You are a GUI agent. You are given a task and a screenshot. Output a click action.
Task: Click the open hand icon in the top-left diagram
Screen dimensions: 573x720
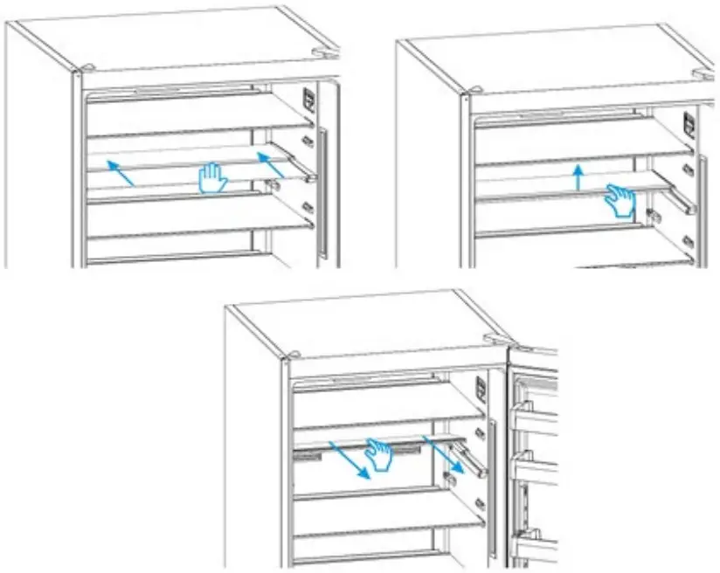212,178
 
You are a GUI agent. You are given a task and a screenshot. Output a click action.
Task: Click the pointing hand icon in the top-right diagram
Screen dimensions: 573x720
621,200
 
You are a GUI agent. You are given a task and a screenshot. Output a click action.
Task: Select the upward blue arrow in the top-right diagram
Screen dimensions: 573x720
577,178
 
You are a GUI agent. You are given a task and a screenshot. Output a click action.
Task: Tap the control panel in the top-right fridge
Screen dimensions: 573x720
689,125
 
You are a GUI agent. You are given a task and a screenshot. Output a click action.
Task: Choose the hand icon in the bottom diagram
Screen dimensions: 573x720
379,454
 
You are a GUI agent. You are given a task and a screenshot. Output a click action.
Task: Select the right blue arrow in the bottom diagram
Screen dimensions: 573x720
438,453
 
